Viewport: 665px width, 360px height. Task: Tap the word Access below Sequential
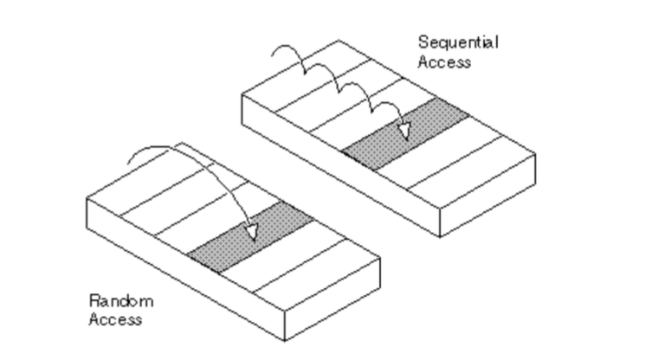pyautogui.click(x=444, y=61)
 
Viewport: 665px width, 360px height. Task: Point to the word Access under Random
pyautogui.click(x=115, y=319)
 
